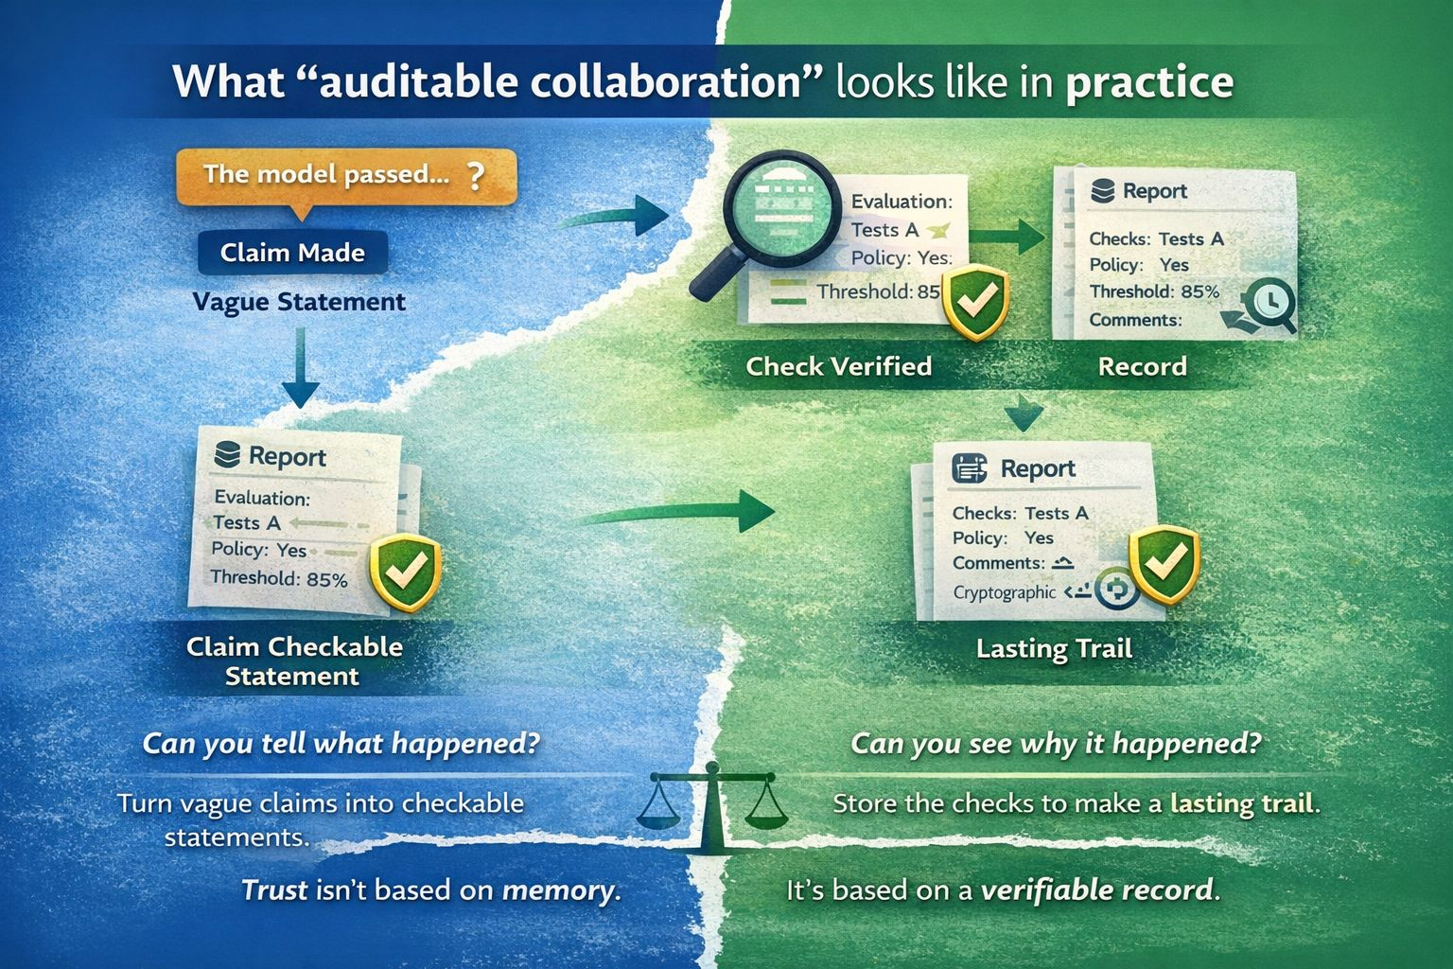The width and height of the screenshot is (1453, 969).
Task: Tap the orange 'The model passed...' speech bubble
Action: [345, 175]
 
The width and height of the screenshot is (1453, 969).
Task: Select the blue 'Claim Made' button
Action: [292, 253]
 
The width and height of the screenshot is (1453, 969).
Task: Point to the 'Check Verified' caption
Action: [838, 366]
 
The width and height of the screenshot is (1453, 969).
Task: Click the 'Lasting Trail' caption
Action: [1054, 649]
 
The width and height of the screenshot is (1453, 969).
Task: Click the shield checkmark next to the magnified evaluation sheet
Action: [977, 302]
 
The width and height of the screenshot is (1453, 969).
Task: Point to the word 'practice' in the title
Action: [1149, 82]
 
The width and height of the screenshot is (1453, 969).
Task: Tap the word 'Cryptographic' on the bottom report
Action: [1004, 592]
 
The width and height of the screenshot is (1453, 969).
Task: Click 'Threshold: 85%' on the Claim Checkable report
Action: [279, 577]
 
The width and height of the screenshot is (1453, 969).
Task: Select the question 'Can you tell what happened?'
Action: [341, 743]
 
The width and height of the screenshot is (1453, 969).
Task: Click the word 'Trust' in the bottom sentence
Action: [274, 890]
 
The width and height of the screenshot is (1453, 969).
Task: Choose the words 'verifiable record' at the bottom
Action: [1097, 890]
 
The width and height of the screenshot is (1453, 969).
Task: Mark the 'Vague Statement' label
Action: [299, 302]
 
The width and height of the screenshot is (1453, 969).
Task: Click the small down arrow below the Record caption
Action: [1024, 414]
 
